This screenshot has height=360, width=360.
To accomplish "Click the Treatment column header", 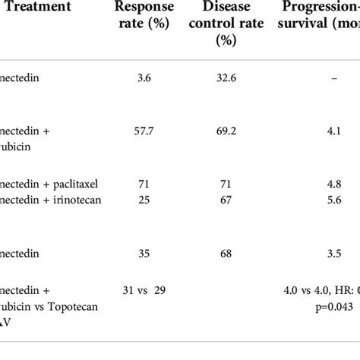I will click(35, 9).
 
